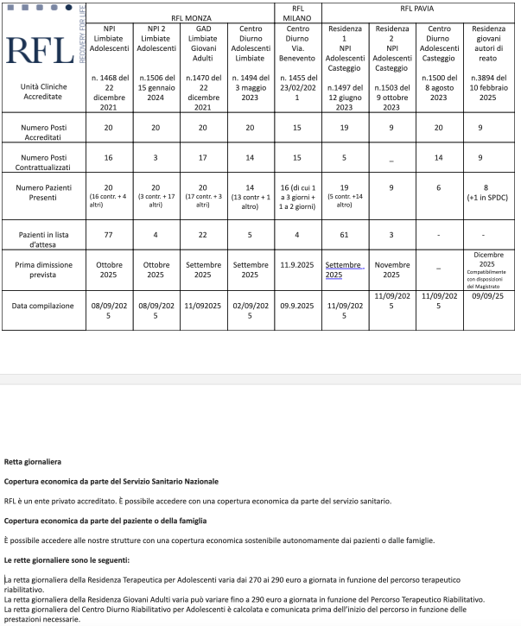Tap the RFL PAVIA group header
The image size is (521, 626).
pos(417,9)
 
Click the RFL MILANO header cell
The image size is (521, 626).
pos(299,13)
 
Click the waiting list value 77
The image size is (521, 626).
pos(108,236)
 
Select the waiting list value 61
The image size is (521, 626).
pos(343,236)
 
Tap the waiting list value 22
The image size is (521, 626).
pos(202,236)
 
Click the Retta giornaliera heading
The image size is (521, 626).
pos(33,461)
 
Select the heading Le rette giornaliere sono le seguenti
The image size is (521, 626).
pos(54,560)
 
